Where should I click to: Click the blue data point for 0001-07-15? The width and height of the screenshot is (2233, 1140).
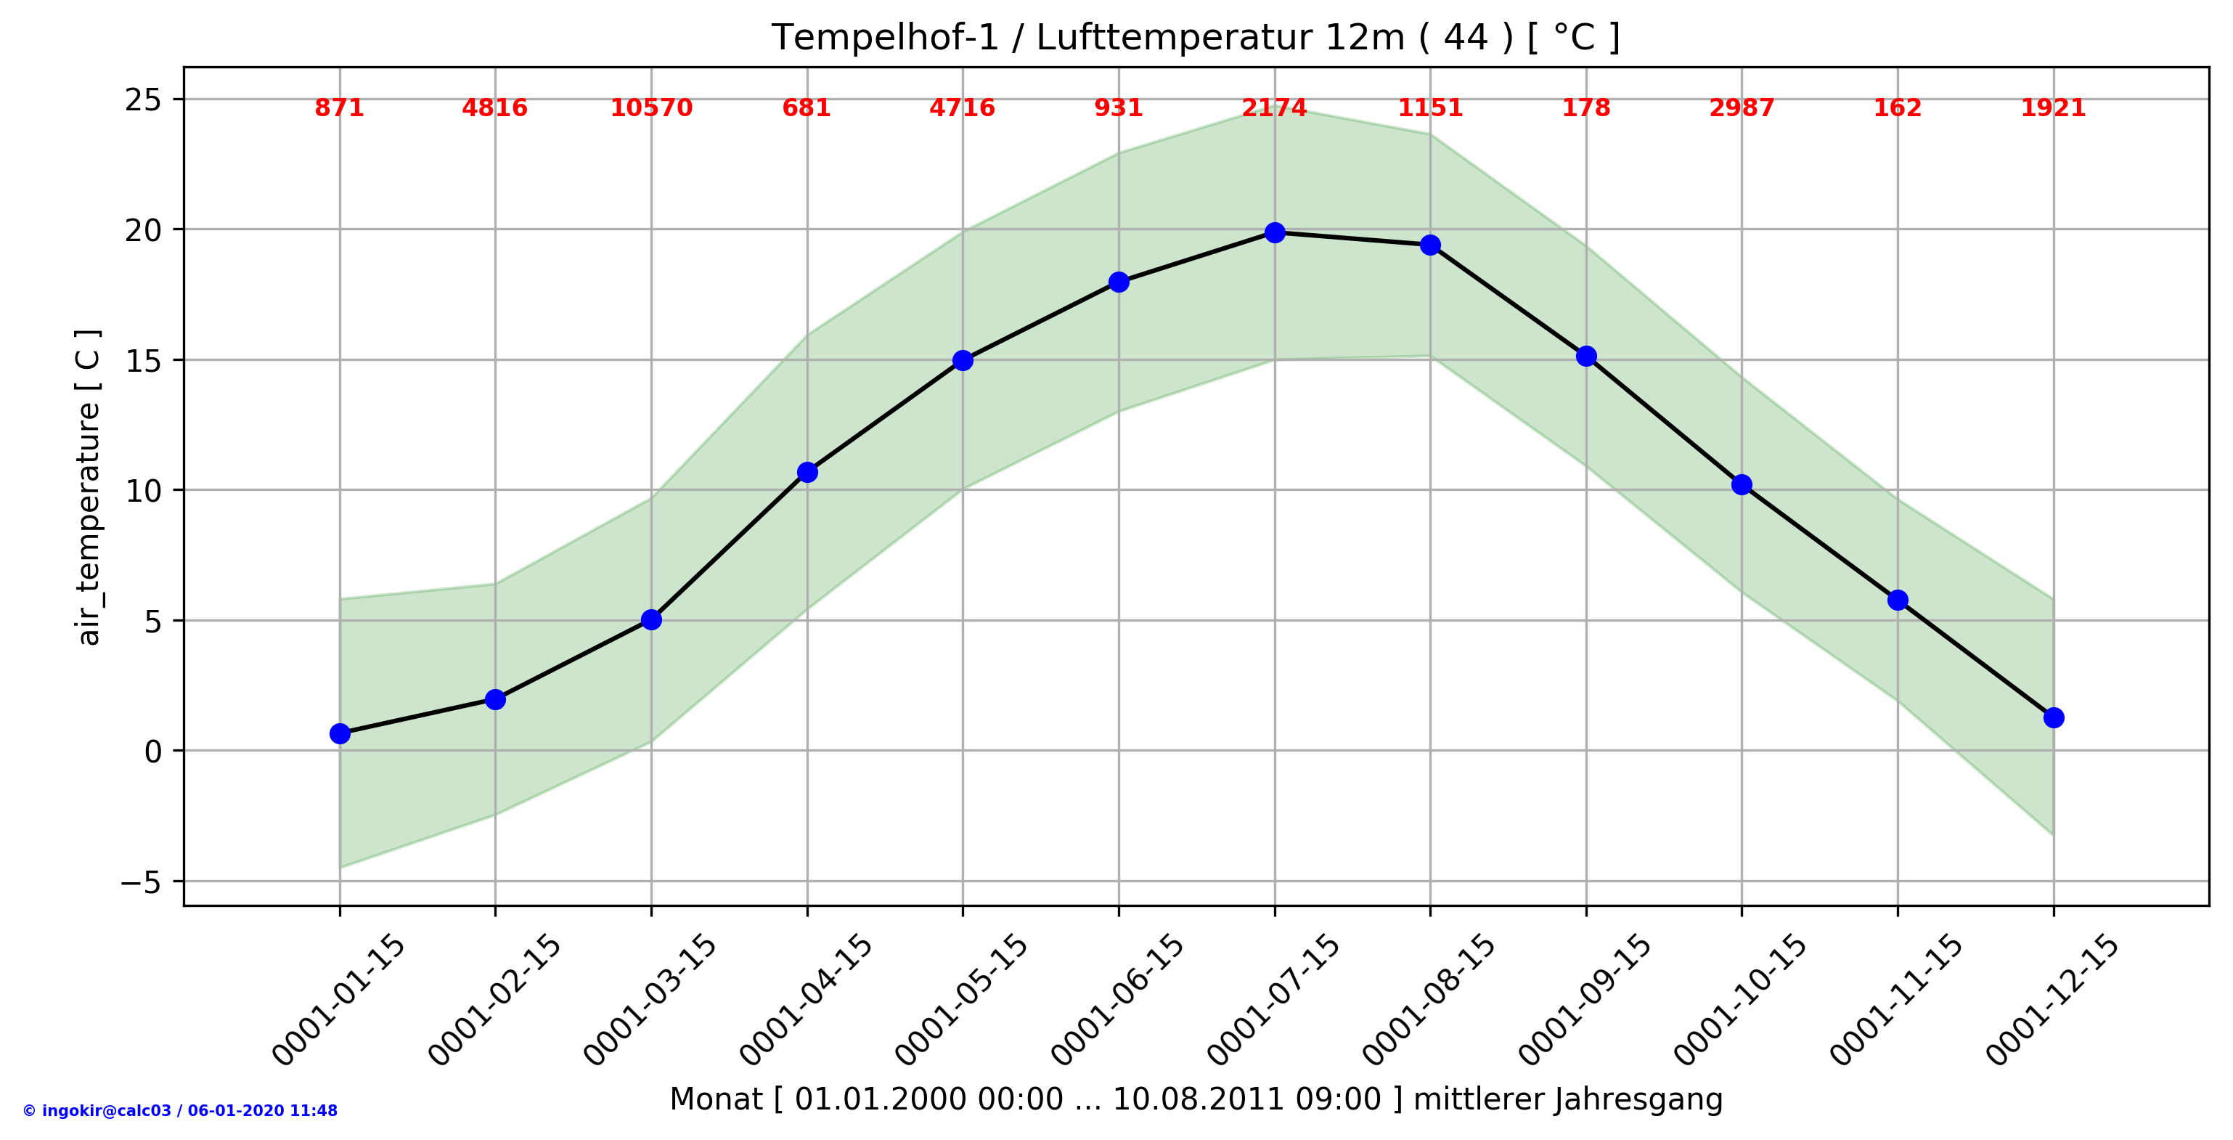pos(1274,232)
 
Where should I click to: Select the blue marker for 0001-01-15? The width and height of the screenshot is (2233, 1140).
pos(340,733)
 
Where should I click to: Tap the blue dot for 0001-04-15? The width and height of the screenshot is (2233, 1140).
pos(807,471)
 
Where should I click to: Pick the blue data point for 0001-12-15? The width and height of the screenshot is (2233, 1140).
pos(2054,717)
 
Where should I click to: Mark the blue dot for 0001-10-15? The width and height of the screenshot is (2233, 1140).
pos(1742,484)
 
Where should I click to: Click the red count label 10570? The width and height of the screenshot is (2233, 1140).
pos(651,108)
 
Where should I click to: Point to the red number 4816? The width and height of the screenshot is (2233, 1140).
pos(494,108)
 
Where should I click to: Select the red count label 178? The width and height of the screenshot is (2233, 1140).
pos(1585,108)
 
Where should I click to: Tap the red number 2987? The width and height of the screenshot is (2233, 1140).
pos(1742,108)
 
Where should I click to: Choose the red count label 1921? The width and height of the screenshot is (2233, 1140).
pos(2053,108)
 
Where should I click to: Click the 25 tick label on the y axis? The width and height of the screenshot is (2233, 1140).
pos(143,100)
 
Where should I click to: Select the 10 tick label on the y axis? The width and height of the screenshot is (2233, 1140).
pos(143,492)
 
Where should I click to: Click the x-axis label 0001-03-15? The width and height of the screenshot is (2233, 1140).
pos(650,1000)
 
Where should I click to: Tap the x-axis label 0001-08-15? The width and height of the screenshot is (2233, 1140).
pos(1429,1000)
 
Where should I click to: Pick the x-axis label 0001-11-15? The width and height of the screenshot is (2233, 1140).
pos(1897,1000)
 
